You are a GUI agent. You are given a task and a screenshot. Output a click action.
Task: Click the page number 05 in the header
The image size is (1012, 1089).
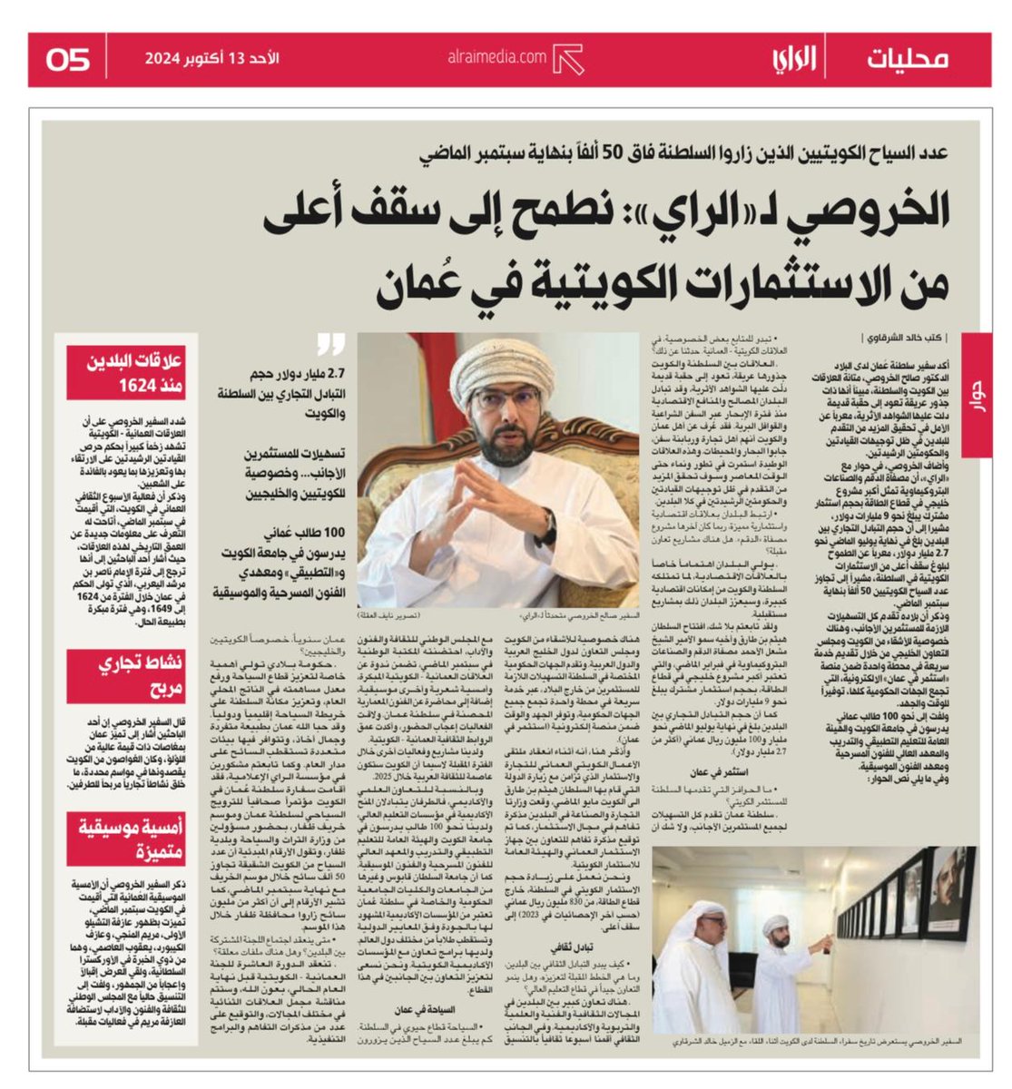click(x=68, y=60)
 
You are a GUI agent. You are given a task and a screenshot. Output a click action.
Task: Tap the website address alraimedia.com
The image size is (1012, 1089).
click(x=496, y=57)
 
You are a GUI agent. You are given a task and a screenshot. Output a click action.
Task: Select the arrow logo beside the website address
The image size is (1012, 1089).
click(x=568, y=59)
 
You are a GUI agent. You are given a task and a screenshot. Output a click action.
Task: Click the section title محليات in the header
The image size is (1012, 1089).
click(x=907, y=59)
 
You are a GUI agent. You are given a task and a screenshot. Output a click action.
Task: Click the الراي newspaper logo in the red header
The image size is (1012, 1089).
click(x=794, y=59)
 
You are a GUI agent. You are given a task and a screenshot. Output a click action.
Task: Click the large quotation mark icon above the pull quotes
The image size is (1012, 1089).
click(x=332, y=344)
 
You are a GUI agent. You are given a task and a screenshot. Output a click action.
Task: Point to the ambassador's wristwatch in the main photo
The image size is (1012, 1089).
click(x=550, y=526)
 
